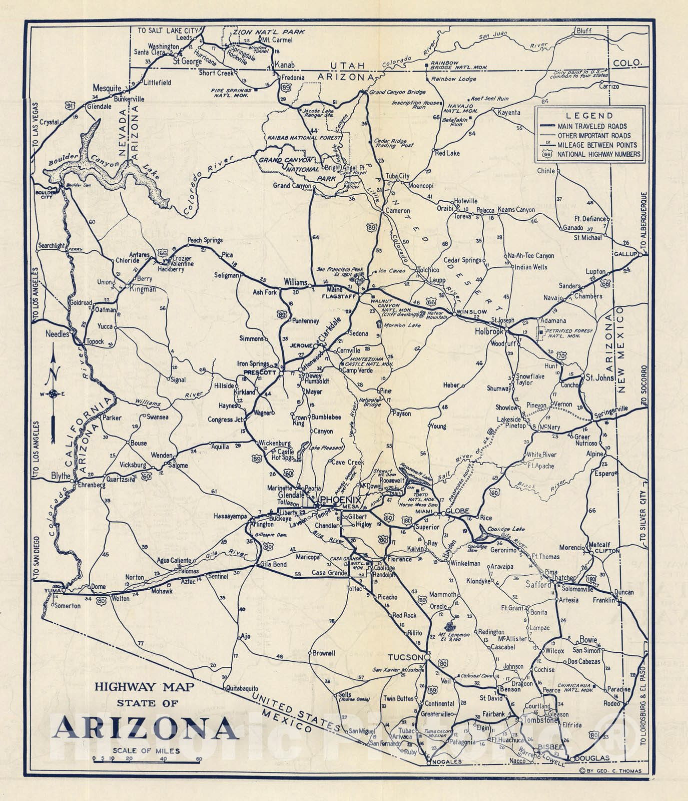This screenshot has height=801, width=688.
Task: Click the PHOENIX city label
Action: coord(340,500)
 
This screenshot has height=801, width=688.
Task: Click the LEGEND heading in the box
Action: coord(587,116)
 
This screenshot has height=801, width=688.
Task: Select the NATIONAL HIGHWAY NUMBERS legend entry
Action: coord(598,154)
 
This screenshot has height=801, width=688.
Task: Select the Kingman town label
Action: coord(143,289)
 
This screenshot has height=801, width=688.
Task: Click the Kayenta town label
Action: coord(509,113)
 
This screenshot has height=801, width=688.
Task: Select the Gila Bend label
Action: coord(273,564)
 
